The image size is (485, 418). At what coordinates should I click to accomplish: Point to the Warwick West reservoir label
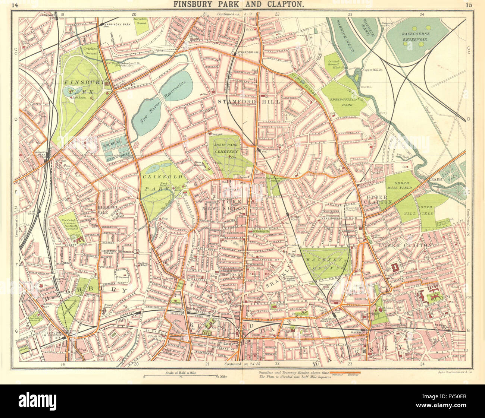click(x=341, y=33)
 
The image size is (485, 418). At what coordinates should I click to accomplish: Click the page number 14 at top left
click(x=15, y=5)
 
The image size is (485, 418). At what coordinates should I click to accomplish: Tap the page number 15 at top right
click(x=469, y=5)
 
